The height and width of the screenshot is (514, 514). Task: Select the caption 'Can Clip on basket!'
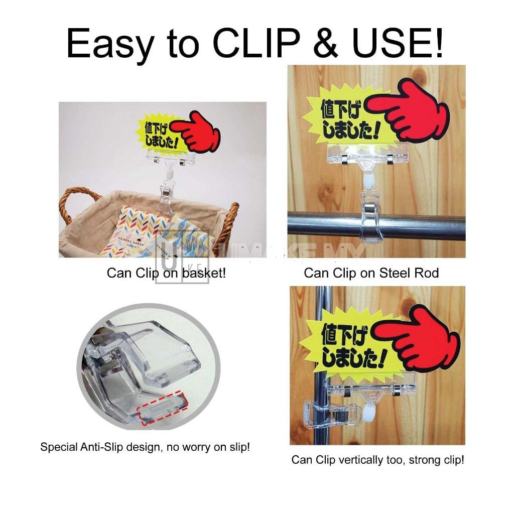pos(166,273)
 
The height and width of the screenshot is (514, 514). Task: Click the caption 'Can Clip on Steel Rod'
pos(371,273)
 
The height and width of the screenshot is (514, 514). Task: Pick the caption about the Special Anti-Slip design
pos(145,447)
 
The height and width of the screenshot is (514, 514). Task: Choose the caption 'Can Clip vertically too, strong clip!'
pos(377,460)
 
